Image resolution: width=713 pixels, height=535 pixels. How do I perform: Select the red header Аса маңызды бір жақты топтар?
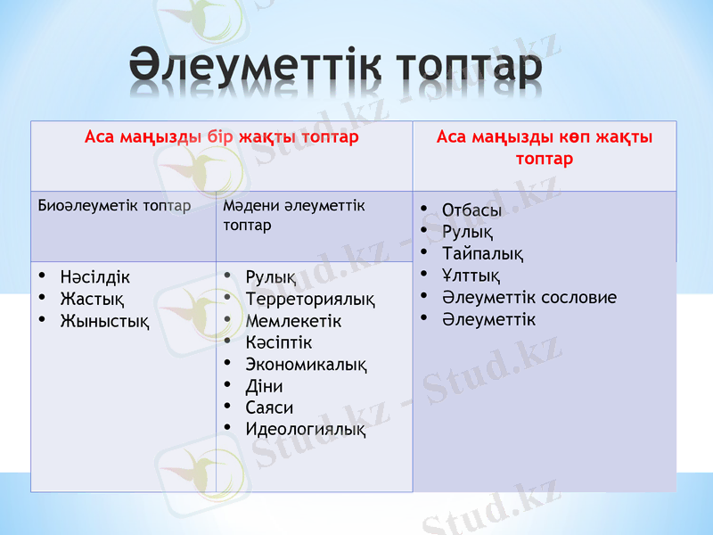pyautogui.click(x=221, y=137)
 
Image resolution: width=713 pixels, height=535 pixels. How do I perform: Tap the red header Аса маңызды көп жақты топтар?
pyautogui.click(x=544, y=148)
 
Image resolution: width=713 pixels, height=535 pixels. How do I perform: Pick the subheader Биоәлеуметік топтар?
pyautogui.click(x=114, y=206)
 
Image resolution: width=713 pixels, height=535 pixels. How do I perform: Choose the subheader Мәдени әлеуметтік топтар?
pyautogui.click(x=294, y=215)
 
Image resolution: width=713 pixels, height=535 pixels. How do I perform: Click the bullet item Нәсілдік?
pyautogui.click(x=94, y=277)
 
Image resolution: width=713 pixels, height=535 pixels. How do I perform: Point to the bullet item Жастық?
pyautogui.click(x=91, y=298)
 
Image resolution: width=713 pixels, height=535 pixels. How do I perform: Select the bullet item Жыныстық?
pyautogui.click(x=103, y=319)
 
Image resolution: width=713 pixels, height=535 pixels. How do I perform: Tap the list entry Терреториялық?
pyautogui.click(x=309, y=299)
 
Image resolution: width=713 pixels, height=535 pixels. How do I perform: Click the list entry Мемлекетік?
pyautogui.click(x=293, y=320)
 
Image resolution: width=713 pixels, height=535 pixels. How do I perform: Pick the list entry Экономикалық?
pyautogui.click(x=306, y=365)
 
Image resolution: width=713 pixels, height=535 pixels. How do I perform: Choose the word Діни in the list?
pyautogui.click(x=264, y=386)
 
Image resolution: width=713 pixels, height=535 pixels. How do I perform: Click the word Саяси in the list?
pyautogui.click(x=269, y=407)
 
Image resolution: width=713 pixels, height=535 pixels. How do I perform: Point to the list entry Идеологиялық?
pyautogui.click(x=305, y=430)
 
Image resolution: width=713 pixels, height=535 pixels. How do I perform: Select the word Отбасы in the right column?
pyautogui.click(x=471, y=210)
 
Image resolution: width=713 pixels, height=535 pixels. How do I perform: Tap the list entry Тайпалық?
pyautogui.click(x=482, y=254)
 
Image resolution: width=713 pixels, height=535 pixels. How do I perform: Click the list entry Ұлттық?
pyautogui.click(x=471, y=276)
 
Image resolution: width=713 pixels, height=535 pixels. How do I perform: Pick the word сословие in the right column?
pyautogui.click(x=578, y=298)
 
